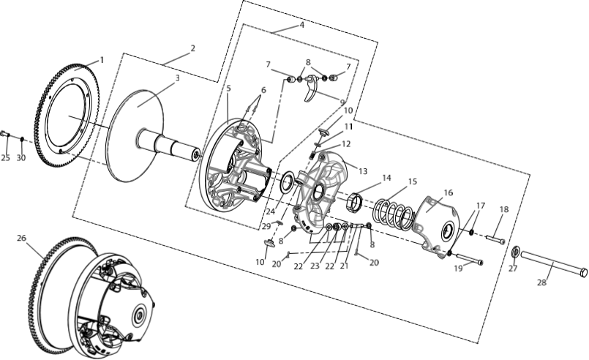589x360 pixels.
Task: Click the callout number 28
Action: click(541, 282)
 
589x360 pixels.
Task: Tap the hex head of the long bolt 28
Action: click(582, 272)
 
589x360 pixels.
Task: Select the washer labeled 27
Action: click(516, 252)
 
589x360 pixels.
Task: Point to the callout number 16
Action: click(448, 192)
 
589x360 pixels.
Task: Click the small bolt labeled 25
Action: click(5, 134)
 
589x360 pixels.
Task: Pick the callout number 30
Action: click(21, 158)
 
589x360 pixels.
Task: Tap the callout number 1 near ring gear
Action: click(102, 60)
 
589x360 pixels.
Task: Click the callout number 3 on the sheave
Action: click(178, 78)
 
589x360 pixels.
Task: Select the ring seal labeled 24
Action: click(288, 182)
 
